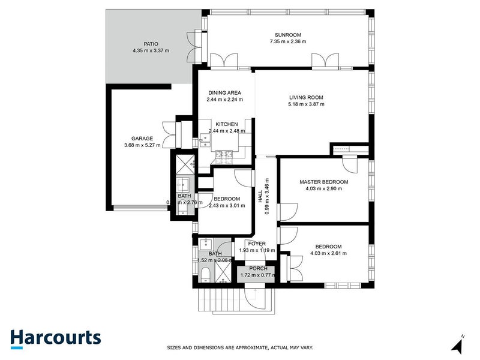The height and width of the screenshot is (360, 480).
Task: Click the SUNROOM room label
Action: [x=288, y=34]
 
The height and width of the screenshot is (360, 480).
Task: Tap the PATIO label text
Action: [x=151, y=43]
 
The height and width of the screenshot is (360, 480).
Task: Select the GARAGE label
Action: [x=142, y=138]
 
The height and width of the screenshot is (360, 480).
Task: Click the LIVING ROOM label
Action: [x=306, y=97]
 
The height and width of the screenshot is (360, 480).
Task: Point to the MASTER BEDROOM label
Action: [x=323, y=181]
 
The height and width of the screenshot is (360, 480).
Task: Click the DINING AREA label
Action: [x=224, y=92]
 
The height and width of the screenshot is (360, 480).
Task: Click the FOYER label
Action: [x=257, y=244]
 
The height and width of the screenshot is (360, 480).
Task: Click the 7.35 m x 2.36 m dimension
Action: [x=288, y=42]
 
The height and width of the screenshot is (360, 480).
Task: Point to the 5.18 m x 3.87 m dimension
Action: [x=306, y=104]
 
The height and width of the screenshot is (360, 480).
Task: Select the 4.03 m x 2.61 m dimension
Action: [x=328, y=253]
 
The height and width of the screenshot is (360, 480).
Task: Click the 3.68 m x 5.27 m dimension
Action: [x=142, y=145]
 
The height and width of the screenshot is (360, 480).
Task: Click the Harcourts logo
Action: [x=55, y=338]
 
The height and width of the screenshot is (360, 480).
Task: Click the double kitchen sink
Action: [x=204, y=141]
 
